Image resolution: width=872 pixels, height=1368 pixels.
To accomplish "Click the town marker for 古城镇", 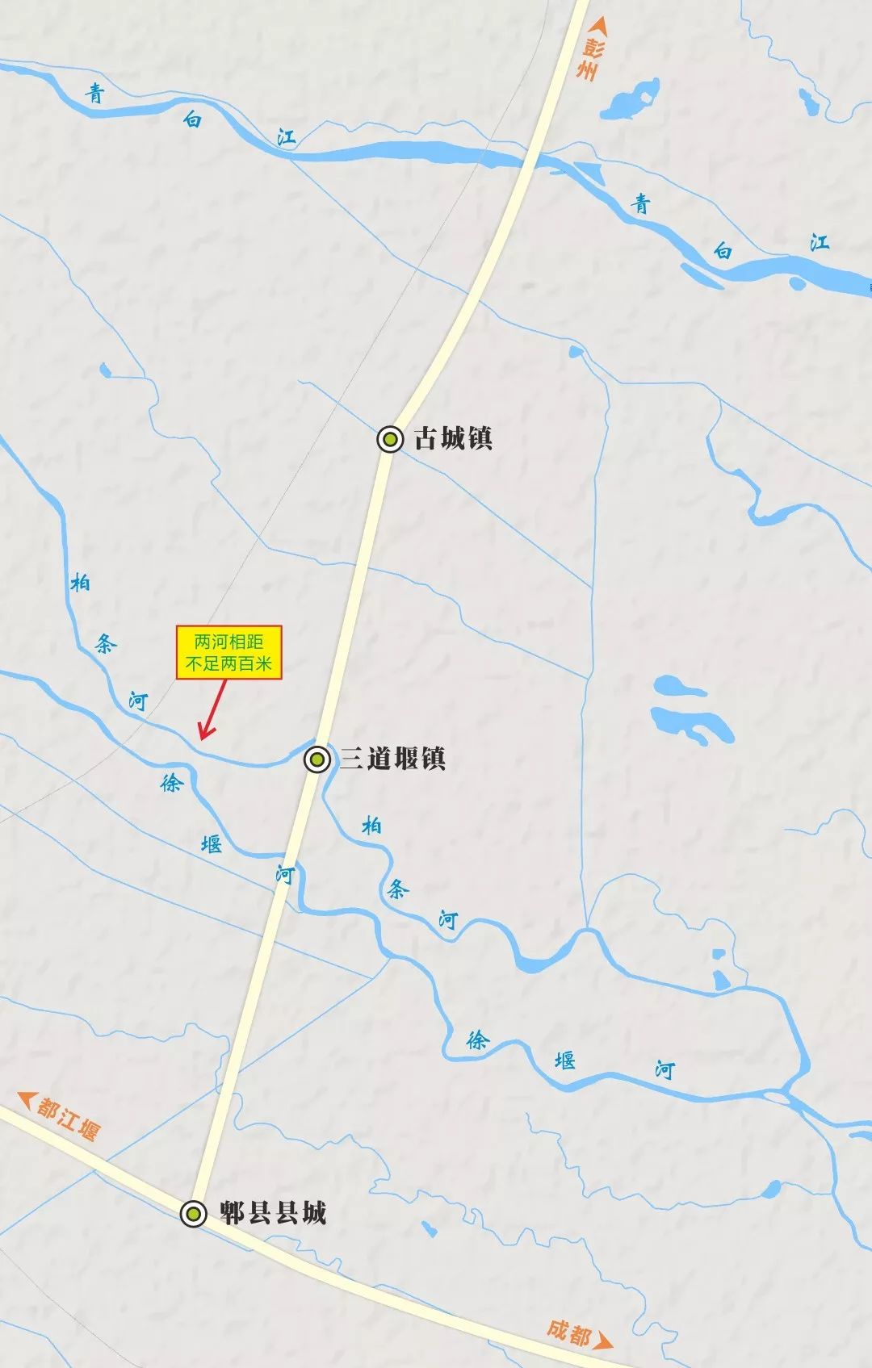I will click(x=390, y=439).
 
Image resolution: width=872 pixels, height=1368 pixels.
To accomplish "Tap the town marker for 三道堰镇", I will click(x=317, y=759).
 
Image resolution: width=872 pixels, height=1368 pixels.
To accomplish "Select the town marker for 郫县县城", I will click(x=192, y=1213).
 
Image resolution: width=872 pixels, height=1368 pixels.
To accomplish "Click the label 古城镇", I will click(x=453, y=439).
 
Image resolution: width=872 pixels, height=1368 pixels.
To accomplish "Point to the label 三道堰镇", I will click(x=392, y=759).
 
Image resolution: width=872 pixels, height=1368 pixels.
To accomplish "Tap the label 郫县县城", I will click(x=273, y=1213).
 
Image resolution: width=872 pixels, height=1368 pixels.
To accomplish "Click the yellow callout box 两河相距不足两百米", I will click(x=229, y=653).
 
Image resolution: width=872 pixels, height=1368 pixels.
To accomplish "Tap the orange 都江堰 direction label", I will click(x=69, y=1118).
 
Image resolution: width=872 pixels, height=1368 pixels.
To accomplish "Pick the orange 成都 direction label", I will click(x=568, y=1332).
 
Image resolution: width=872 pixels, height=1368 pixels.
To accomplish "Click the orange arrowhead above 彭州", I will click(x=597, y=26).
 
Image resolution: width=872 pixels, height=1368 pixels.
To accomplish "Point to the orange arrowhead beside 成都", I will click(x=604, y=1342).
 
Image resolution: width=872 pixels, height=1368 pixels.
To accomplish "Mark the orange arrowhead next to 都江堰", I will click(x=27, y=1099).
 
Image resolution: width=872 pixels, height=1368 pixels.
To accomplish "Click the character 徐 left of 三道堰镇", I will click(x=172, y=781).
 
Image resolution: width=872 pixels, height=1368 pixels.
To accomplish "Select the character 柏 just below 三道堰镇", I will click(x=371, y=826).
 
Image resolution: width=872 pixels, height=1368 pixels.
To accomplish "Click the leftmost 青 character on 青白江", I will click(x=96, y=94).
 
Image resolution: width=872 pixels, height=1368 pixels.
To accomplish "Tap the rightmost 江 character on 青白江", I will click(x=820, y=241).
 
